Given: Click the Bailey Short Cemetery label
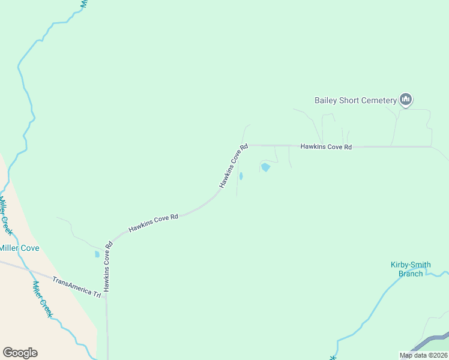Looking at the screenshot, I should [355, 100].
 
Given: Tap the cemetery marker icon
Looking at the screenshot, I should [406, 100].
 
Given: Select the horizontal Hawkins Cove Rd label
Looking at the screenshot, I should [325, 146].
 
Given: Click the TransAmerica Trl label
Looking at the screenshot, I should [76, 287].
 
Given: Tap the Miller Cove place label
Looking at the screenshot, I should [19, 248].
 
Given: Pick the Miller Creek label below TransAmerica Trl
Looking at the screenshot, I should [43, 299].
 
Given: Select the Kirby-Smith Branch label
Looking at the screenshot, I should [411, 269].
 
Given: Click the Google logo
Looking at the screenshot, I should [20, 353].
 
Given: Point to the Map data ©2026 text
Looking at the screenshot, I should [424, 355].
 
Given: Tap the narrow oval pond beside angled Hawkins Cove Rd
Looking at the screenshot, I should [241, 176].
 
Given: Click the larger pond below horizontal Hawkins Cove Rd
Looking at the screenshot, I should [265, 167].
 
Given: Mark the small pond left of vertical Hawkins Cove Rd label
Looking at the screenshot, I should [97, 254].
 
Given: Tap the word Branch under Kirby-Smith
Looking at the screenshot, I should [411, 274].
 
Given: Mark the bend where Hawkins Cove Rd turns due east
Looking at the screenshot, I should [249, 145].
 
